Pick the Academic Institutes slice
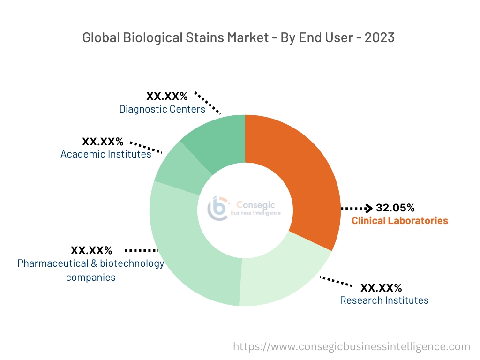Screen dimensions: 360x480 (176, 166)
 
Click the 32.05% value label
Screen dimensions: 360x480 (395, 208)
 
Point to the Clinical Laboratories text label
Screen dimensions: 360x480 (400, 220)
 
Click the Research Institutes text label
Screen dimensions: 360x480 (384, 300)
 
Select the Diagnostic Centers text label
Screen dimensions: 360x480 (162, 109)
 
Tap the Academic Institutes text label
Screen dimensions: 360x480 (106, 154)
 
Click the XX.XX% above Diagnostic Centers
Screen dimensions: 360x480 (167, 97)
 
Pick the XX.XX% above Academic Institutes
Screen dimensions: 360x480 (103, 141)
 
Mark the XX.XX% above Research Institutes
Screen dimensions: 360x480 (381, 287)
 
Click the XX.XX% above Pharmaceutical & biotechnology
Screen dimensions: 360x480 (91, 250)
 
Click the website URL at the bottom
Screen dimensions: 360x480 (352, 347)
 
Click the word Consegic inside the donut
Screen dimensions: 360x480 (255, 204)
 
